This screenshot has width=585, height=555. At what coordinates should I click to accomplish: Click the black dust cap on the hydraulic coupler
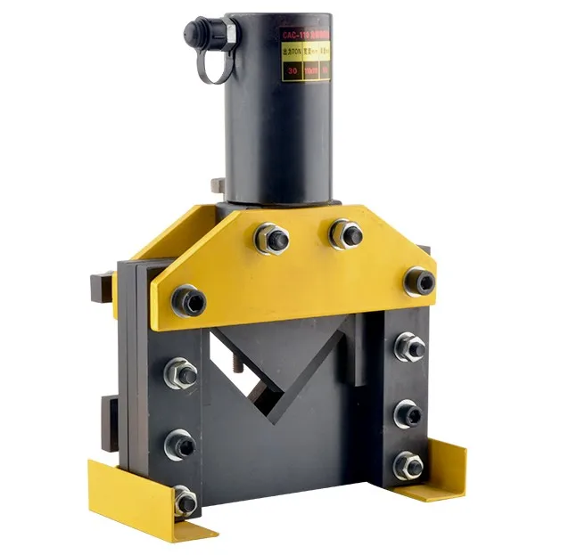(194, 33)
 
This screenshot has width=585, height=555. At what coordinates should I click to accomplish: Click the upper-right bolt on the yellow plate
(346, 233)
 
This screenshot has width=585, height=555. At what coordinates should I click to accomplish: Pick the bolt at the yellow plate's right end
(420, 281)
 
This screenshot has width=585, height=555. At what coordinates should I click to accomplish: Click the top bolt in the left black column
(182, 374)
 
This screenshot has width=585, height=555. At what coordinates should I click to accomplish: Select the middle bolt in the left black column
(182, 443)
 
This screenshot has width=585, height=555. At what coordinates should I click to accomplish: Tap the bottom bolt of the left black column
(185, 502)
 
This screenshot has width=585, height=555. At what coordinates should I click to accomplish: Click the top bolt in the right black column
(409, 347)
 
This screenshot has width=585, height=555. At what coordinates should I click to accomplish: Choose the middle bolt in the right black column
(408, 412)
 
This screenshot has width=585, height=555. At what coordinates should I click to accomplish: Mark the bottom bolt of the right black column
(408, 464)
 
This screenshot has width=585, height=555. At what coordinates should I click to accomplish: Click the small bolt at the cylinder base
(217, 185)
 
